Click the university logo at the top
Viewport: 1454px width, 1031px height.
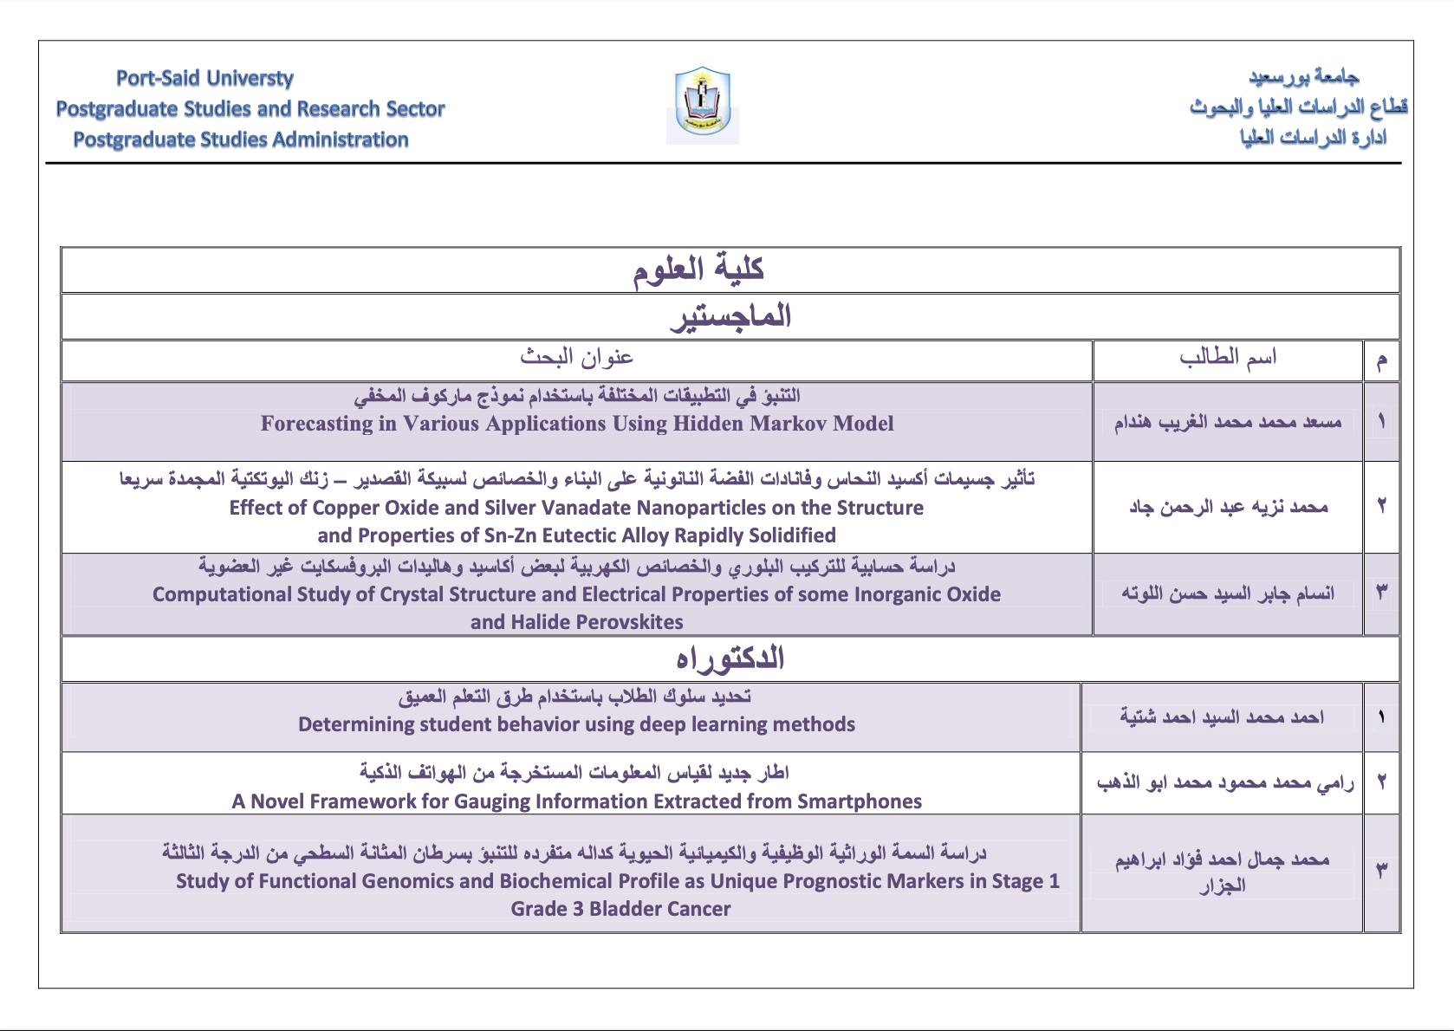pyautogui.click(x=702, y=104)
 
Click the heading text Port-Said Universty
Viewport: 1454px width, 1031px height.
pyautogui.click(x=204, y=79)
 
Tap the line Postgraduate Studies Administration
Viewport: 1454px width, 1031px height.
pyautogui.click(x=240, y=139)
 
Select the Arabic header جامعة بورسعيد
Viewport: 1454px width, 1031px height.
pyautogui.click(x=1303, y=76)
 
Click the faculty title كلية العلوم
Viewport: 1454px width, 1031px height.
pyautogui.click(x=698, y=269)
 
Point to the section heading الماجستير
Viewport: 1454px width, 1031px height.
pyautogui.click(x=730, y=316)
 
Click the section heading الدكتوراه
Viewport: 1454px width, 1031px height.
pyautogui.click(x=730, y=658)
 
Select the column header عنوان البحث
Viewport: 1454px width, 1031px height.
pyautogui.click(x=577, y=357)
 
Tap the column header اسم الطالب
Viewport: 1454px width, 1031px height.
pyautogui.click(x=1227, y=357)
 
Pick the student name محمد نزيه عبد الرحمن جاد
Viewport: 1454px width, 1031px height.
pyautogui.click(x=1228, y=507)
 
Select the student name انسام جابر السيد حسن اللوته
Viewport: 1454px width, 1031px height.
pyautogui.click(x=1227, y=593)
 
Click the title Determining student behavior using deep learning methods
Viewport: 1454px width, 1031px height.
pyautogui.click(x=576, y=724)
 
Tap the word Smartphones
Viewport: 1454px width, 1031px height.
pyautogui.click(x=860, y=801)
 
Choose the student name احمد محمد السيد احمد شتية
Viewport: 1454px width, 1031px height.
pyautogui.click(x=1221, y=717)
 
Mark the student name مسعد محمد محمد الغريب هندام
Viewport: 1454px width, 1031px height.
pyautogui.click(x=1227, y=422)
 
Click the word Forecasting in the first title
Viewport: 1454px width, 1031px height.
pyautogui.click(x=316, y=424)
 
